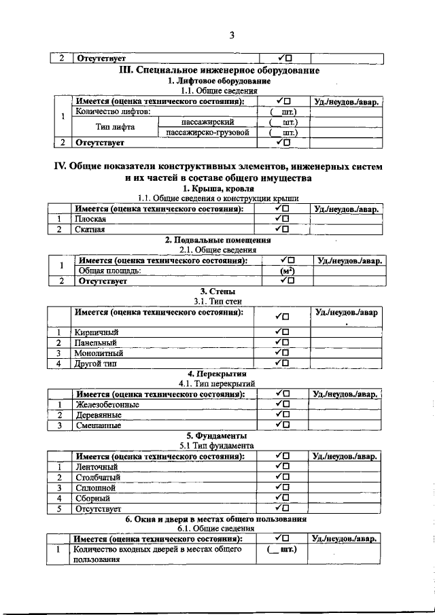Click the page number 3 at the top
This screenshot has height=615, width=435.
coord(231,35)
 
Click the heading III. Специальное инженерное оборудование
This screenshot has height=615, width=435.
coord(220,70)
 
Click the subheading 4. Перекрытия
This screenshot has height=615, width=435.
coord(217,374)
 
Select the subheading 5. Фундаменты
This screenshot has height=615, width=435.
coord(217,435)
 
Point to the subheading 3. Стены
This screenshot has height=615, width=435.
coord(217,291)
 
